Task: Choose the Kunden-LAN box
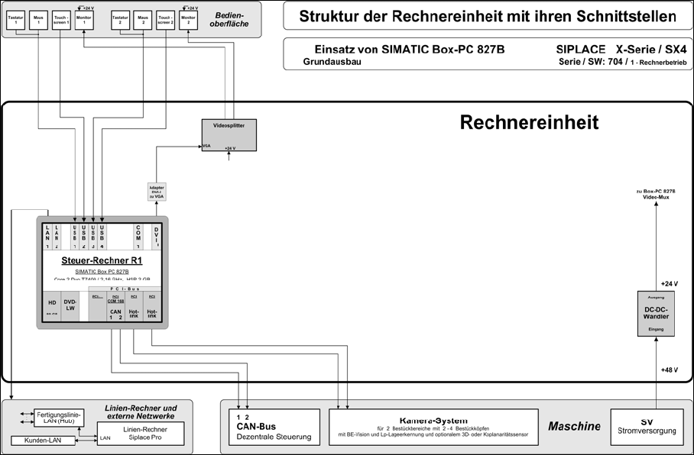coord(43,440)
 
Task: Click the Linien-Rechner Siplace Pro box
coord(145,434)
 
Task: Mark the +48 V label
coord(670,369)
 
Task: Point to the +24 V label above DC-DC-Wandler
coord(670,282)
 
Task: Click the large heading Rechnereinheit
coord(529,122)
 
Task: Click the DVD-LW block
coord(70,305)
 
